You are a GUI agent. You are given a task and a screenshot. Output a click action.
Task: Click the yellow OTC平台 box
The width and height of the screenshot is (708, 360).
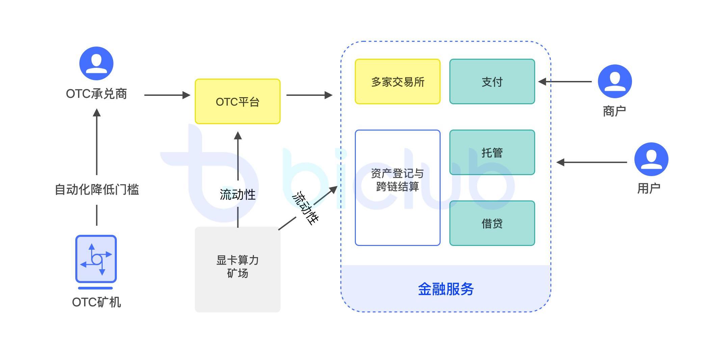coord(237,102)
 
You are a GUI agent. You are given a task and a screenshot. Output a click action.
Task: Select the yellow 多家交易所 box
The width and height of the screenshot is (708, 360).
coord(397,82)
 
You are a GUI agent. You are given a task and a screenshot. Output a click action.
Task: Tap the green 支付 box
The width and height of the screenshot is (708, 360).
coord(492,82)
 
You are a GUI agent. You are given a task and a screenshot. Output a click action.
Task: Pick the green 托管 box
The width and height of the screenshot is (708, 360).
coord(492,153)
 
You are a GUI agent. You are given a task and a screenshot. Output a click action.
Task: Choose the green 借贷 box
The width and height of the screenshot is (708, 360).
coord(492,223)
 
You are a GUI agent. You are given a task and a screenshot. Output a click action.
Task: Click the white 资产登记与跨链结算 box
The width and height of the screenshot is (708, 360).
coord(397,188)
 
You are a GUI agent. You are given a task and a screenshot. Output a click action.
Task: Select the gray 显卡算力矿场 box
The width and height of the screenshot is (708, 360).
coord(237,269)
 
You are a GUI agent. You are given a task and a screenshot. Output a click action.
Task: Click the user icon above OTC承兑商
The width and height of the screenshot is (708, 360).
coord(96,63)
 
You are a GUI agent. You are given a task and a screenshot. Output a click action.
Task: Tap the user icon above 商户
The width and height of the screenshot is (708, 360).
coord(614,81)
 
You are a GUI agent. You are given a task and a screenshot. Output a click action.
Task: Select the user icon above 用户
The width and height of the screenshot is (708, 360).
coord(651,159)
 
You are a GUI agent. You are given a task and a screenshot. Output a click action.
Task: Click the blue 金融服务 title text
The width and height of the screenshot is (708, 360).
coord(446,289)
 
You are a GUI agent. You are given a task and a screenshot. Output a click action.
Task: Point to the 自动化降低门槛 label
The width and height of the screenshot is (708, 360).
coord(97,190)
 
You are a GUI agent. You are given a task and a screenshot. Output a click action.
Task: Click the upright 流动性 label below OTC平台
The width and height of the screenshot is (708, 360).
coord(237,194)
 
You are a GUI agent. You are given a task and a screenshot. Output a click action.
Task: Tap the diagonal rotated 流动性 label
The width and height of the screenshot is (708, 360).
coord(305,208)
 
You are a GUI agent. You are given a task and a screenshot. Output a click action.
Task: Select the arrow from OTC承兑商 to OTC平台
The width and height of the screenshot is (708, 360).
coord(167,95)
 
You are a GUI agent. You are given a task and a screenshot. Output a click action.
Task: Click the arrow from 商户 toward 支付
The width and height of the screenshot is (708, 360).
coord(565,82)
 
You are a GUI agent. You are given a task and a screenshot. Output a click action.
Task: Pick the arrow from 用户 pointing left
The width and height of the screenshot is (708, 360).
coord(592,162)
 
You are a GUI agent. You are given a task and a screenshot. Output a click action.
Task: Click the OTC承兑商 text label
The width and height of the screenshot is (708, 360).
coord(96,94)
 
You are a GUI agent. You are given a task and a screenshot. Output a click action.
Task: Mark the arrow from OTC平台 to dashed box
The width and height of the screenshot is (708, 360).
coord(309,95)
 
